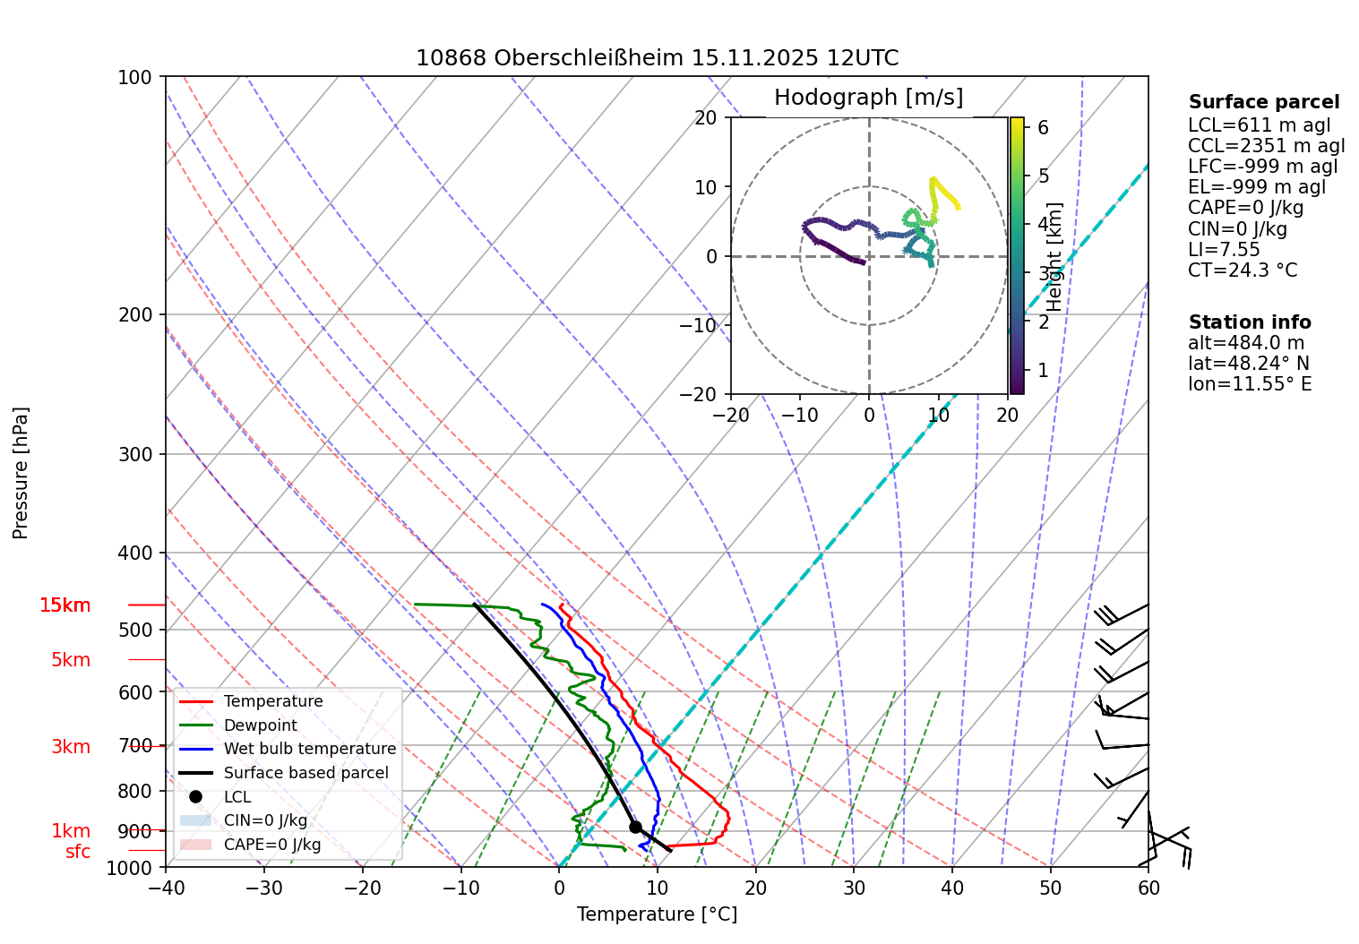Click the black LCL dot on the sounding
[x=635, y=827]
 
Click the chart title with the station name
[x=657, y=58]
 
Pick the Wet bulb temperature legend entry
[x=309, y=749]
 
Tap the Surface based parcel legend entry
[x=305, y=773]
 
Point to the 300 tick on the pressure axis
[x=135, y=454]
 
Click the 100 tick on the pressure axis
[x=135, y=77]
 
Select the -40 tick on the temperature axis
[x=166, y=888]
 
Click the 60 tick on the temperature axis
[x=1148, y=888]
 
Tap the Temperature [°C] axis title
[x=657, y=914]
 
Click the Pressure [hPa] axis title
[x=21, y=473]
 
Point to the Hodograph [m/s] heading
[x=868, y=98]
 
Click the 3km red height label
[x=71, y=747]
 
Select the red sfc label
[x=78, y=852]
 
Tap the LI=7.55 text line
[x=1224, y=250]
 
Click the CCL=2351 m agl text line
[x=1266, y=146]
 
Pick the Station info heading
[x=1250, y=322]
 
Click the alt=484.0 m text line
[x=1246, y=343]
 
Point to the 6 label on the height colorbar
[x=1043, y=128]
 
